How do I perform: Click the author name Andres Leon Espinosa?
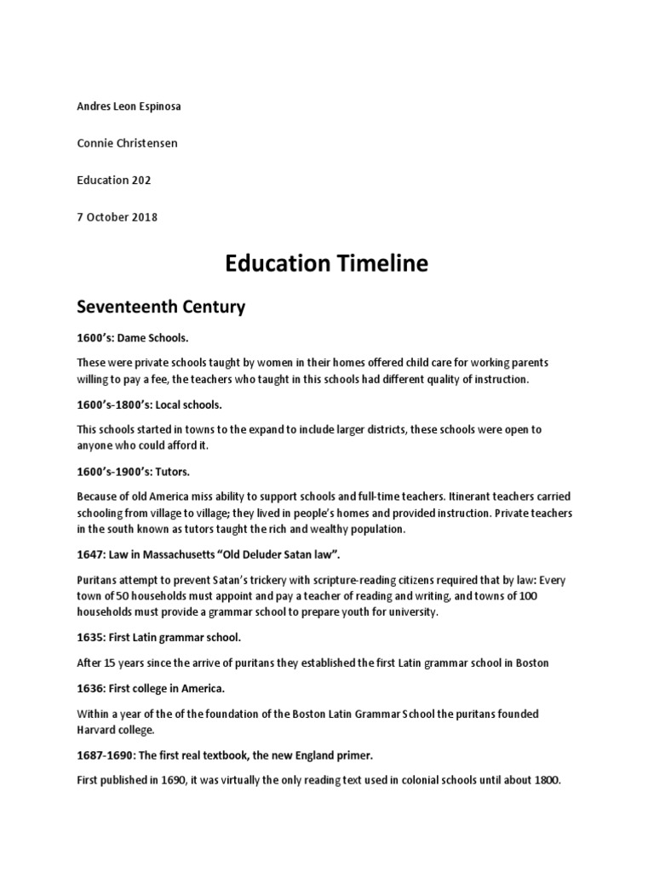(x=129, y=106)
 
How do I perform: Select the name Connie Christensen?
(x=128, y=143)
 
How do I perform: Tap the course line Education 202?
(x=113, y=180)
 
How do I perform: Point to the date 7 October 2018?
(x=117, y=216)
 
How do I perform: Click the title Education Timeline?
(x=326, y=264)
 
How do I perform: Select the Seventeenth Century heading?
(x=161, y=307)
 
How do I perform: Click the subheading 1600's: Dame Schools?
(x=129, y=339)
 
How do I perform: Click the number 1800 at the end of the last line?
(x=545, y=779)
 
